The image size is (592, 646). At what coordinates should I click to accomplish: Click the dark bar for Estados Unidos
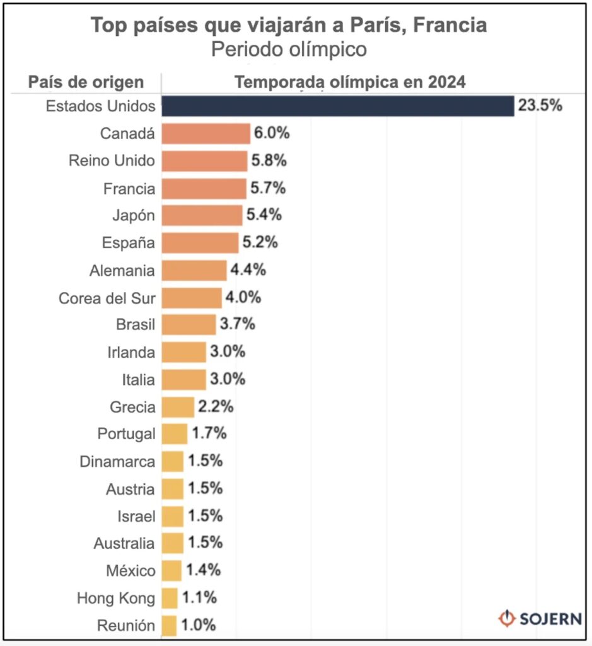click(x=337, y=106)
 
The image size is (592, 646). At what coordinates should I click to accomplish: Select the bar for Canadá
click(x=206, y=134)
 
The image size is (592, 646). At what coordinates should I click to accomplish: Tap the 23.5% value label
click(x=540, y=106)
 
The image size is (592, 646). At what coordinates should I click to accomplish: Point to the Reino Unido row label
click(x=112, y=161)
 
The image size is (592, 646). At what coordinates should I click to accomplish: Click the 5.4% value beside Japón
click(x=264, y=215)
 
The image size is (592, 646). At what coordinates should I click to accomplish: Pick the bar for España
click(x=200, y=243)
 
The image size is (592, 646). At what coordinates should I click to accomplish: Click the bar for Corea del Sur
click(x=192, y=298)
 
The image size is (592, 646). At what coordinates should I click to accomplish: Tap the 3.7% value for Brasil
click(x=237, y=324)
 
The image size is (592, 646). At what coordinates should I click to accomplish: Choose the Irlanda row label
click(x=131, y=352)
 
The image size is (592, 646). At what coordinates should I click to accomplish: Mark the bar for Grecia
click(x=178, y=407)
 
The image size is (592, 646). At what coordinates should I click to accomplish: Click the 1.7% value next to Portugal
click(x=209, y=434)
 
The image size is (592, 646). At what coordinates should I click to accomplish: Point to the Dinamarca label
click(x=117, y=462)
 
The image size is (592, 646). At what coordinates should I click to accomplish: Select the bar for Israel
click(x=172, y=516)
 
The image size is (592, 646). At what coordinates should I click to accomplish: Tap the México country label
click(x=131, y=571)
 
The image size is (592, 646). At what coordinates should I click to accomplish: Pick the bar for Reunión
click(x=169, y=625)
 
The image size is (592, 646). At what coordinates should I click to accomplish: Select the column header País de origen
click(x=86, y=83)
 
